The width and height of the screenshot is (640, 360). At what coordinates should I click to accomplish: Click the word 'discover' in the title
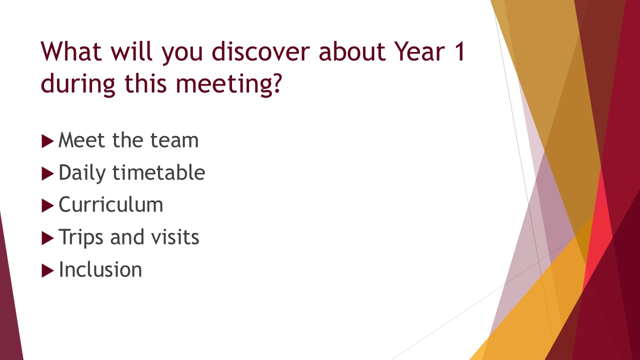tap(261, 51)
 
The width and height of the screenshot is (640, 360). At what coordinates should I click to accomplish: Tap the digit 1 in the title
tap(460, 51)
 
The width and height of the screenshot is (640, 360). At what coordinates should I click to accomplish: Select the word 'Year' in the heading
tap(419, 51)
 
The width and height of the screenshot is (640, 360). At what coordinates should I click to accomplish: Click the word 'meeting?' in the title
tap(229, 83)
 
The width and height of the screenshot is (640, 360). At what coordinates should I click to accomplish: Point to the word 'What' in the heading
tap(71, 51)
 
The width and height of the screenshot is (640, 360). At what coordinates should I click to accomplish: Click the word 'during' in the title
tap(78, 83)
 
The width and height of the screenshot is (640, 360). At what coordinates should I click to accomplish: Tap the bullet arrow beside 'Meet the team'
tap(47, 141)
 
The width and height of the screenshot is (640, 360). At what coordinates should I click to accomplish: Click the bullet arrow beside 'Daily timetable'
tap(47, 173)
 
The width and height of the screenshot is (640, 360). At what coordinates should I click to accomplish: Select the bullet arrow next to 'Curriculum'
tap(47, 205)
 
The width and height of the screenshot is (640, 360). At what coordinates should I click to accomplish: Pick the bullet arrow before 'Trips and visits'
tap(47, 238)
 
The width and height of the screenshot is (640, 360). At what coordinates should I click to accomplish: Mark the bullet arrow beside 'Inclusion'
tap(47, 270)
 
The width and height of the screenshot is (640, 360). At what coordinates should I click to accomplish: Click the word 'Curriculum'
tap(111, 204)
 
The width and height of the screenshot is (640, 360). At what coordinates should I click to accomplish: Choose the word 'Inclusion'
tap(100, 269)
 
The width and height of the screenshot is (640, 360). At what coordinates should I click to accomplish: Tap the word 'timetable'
tap(159, 172)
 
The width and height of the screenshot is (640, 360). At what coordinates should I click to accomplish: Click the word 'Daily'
tap(82, 173)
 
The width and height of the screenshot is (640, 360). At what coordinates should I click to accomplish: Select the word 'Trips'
tap(81, 237)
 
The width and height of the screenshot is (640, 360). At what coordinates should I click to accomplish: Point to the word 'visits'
tap(175, 237)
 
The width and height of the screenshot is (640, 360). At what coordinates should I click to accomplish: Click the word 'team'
tap(174, 140)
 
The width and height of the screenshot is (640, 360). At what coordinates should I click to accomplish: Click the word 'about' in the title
tap(352, 51)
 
